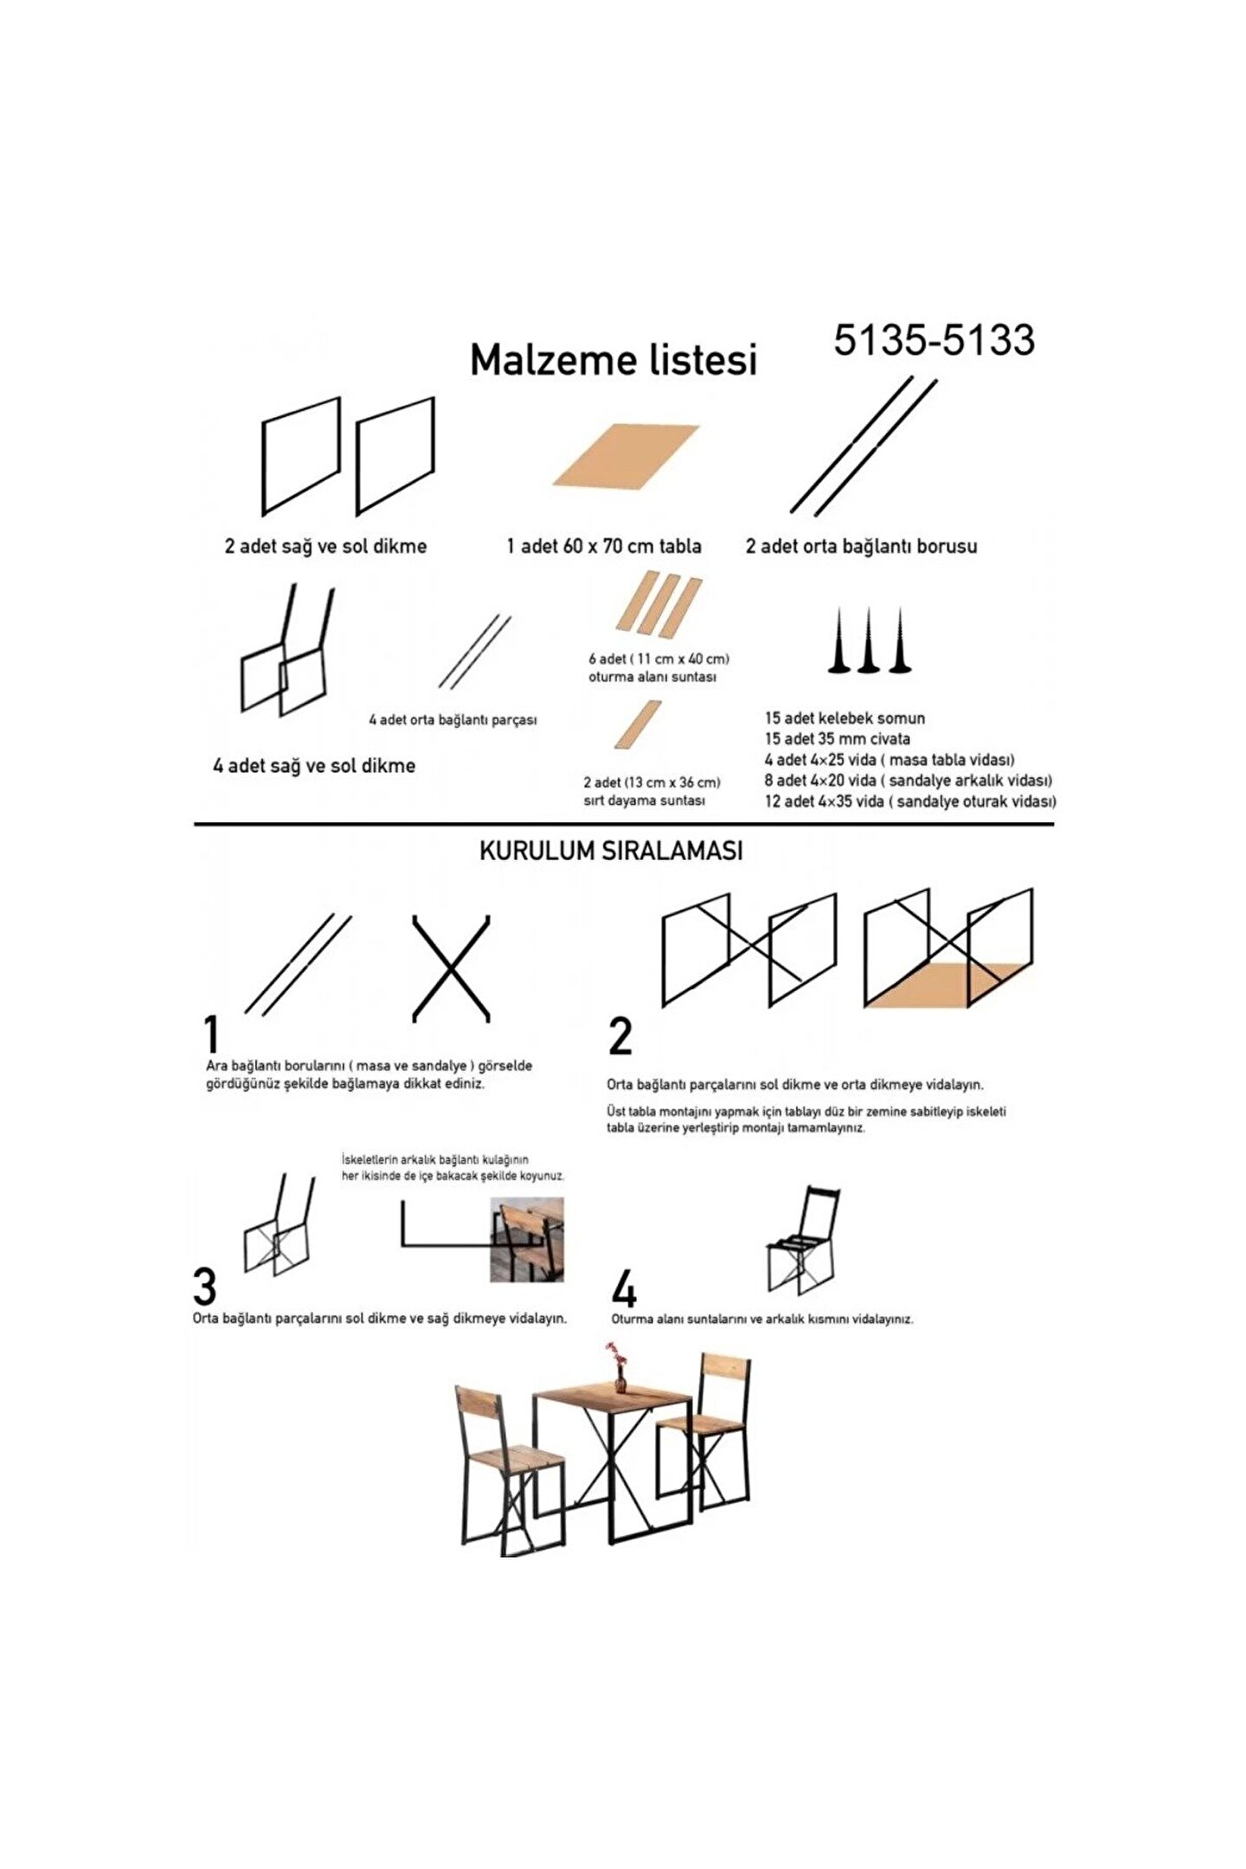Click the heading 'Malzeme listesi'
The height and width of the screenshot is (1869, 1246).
point(613,360)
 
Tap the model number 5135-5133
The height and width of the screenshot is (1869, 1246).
point(934,340)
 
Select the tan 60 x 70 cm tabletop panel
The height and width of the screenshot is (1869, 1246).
point(626,456)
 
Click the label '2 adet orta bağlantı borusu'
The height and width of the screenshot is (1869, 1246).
point(861,546)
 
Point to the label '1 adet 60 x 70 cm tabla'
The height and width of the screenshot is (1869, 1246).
point(604,546)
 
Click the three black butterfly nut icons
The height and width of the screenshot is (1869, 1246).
point(869,640)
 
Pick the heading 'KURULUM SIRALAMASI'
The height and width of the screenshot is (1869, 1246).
point(611,851)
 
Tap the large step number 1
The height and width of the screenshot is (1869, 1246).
point(212,1033)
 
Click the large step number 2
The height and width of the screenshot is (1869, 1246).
point(620,1036)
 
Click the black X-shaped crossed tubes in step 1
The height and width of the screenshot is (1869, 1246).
point(452,968)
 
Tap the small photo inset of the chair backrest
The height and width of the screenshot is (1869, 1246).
point(527,1239)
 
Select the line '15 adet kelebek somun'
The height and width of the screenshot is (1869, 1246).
point(845,718)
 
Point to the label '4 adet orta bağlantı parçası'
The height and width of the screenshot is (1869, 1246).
point(453,720)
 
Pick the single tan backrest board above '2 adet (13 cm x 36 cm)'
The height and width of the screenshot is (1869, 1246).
point(638,724)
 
